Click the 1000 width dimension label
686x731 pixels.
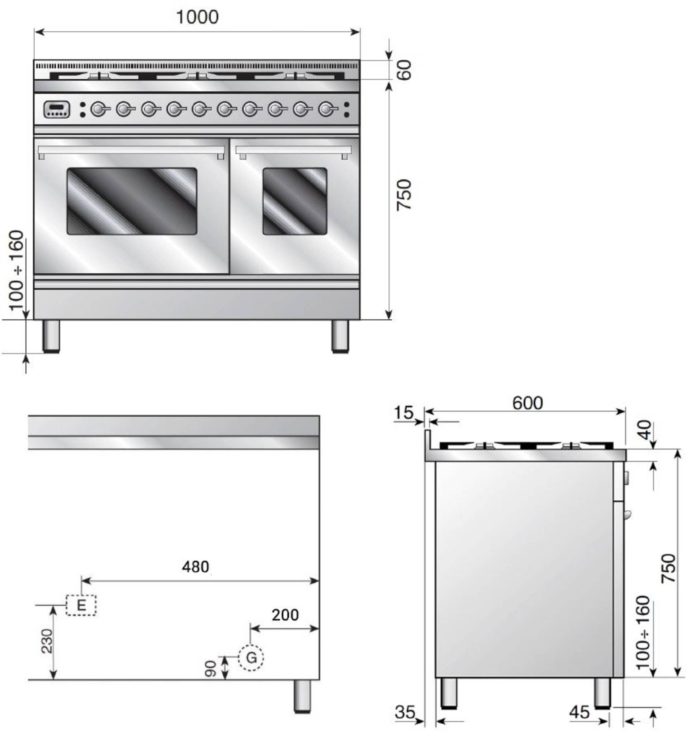(197, 17)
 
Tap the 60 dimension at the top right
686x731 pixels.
(404, 70)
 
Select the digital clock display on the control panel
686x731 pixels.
(57, 110)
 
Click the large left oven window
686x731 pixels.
(132, 201)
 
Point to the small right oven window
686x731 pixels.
(295, 201)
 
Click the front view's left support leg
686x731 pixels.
(51, 337)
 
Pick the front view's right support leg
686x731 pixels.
(340, 337)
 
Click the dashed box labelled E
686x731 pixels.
(81, 605)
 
